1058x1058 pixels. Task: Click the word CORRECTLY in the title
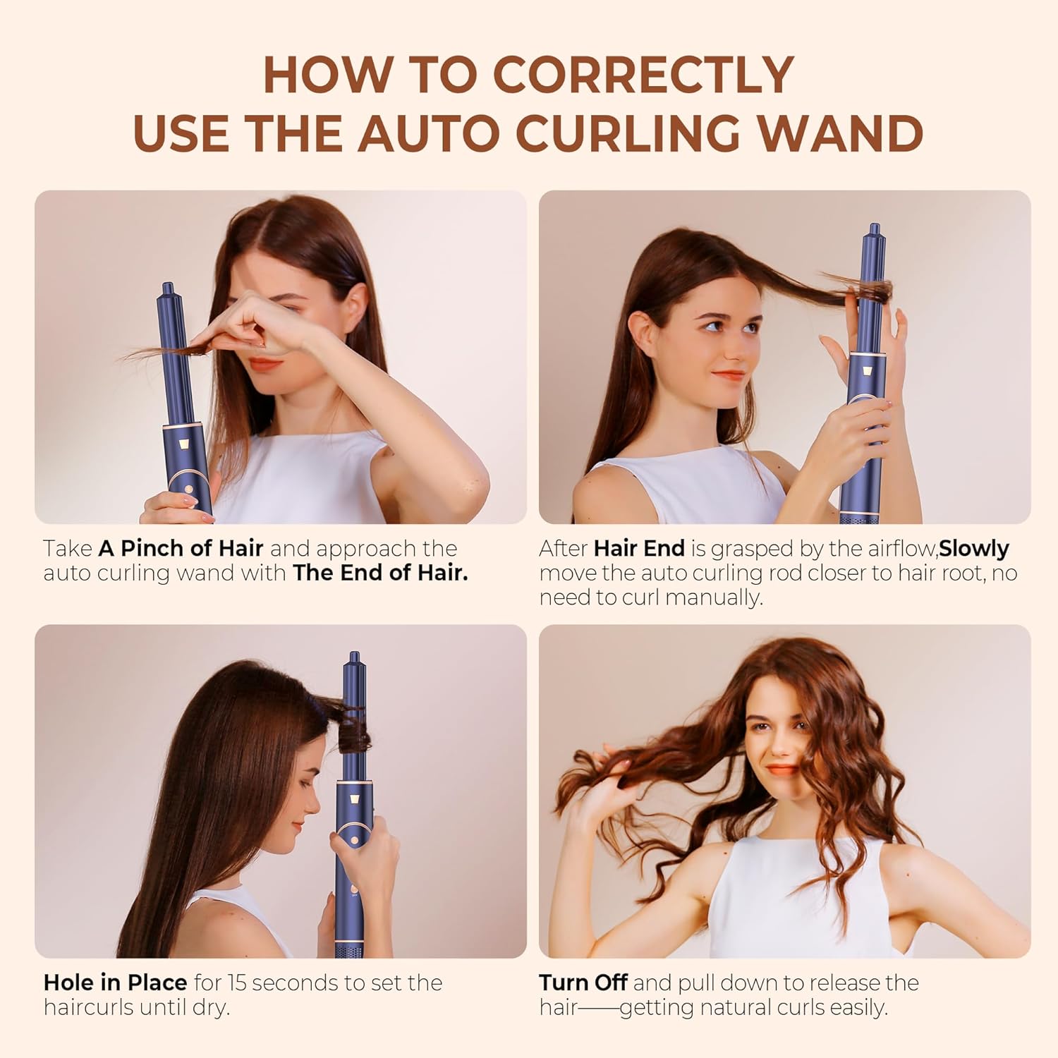(x=644, y=75)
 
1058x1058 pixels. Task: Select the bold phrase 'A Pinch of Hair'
(x=181, y=548)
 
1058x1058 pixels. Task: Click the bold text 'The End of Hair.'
(x=380, y=572)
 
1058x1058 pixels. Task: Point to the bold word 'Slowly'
(x=974, y=549)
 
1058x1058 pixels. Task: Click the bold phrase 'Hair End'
(x=639, y=548)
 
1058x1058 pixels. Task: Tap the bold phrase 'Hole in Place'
(x=116, y=983)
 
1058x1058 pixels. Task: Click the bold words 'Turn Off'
(x=583, y=983)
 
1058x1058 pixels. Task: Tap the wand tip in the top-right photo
(x=874, y=226)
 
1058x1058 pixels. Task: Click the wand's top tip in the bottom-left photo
(x=352, y=655)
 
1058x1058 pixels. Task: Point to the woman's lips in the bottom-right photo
(x=781, y=769)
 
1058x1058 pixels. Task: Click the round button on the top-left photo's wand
(x=189, y=488)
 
